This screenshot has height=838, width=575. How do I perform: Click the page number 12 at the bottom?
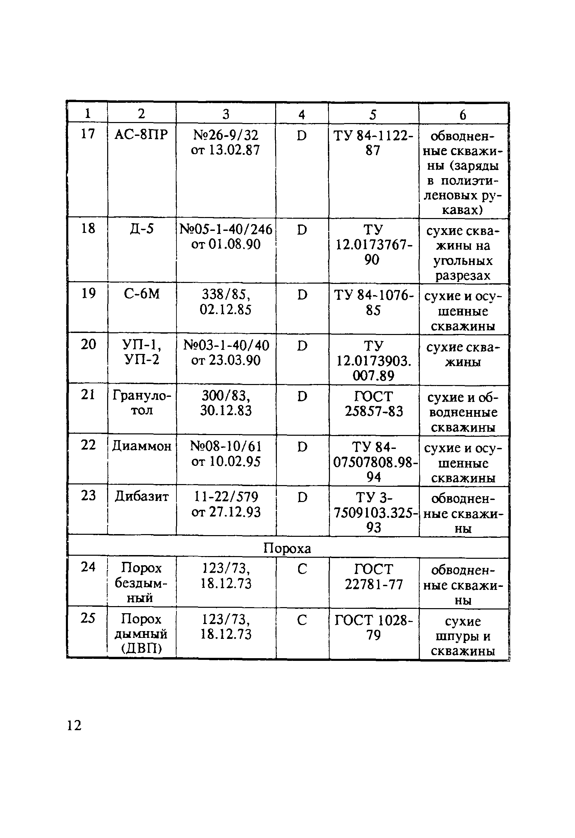pos(74,725)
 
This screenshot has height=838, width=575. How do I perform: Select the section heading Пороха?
pos(287,548)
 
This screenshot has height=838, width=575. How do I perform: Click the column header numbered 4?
pos(302,115)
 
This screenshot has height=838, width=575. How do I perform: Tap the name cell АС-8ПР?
pos(141,135)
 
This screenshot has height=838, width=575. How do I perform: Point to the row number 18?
pos(88,228)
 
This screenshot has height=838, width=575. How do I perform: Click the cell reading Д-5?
pos(142,229)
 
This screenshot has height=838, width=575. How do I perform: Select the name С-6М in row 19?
pos(142,294)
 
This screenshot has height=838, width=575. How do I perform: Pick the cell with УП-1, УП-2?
pos(142,352)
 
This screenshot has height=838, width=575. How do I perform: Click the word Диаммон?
pos(142,447)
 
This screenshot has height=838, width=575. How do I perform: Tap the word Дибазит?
pos(142,497)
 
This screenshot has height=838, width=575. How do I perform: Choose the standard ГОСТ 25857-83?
pos(374,404)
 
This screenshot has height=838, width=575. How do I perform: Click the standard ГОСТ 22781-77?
pos(374,577)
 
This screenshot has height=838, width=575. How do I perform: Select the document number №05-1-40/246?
pos(226,229)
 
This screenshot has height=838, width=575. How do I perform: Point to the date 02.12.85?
pos(226,310)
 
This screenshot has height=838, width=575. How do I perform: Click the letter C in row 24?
pos(302,569)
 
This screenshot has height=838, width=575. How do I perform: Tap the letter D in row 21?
pos(302,397)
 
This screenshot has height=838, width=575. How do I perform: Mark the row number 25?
pos(88,618)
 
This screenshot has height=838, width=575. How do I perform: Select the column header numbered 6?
pos(463,115)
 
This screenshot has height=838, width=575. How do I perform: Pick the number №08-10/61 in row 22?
pos(226,447)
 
